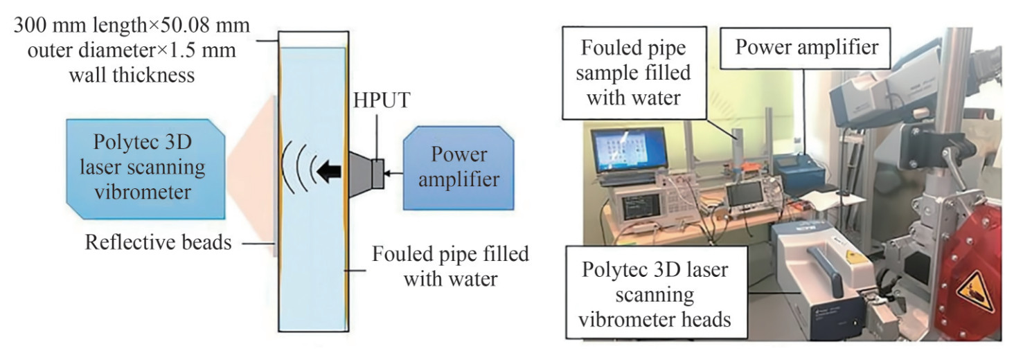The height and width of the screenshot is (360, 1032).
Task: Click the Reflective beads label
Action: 158,243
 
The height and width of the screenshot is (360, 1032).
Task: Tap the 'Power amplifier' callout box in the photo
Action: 806,47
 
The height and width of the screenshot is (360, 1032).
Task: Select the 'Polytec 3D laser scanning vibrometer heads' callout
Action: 657,296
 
